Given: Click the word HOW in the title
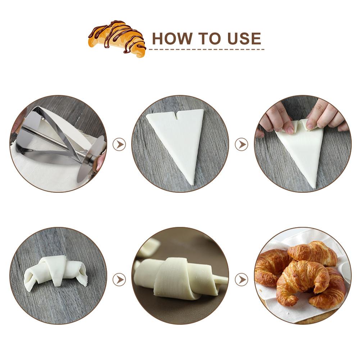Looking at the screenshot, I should [170, 38].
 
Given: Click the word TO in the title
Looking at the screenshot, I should [206, 38].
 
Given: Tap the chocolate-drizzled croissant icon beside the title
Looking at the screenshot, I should [117, 38].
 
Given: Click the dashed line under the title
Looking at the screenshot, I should [206, 49].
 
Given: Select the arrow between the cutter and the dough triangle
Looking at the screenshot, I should [119, 145].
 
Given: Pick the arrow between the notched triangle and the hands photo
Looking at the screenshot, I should [241, 145].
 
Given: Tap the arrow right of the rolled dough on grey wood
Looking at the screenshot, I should [119, 279].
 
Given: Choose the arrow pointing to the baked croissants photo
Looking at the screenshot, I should [241, 279].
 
